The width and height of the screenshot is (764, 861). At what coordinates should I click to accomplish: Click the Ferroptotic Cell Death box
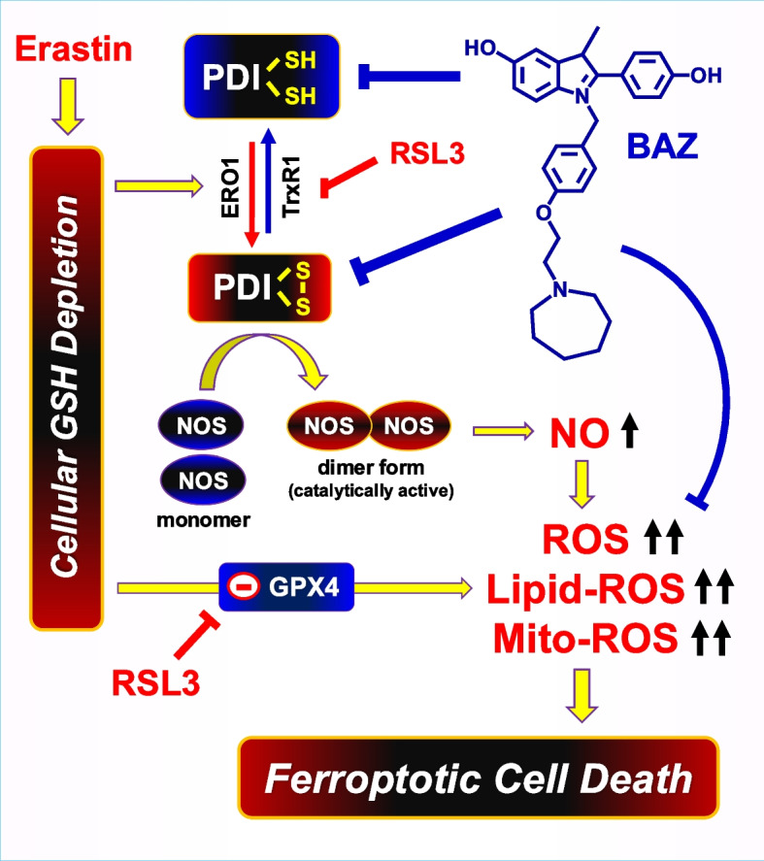click(481, 777)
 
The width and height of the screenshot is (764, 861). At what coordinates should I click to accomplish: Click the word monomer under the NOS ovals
click(204, 518)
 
